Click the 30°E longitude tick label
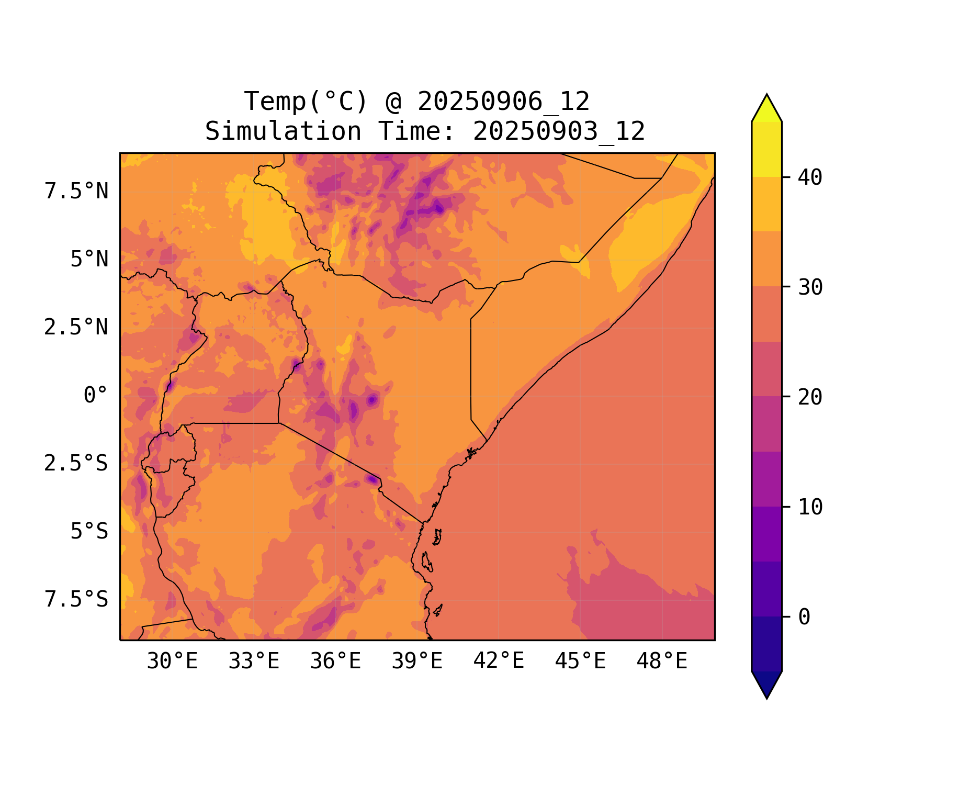[172, 661]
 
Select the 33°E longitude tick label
[254, 661]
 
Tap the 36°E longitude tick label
[335, 661]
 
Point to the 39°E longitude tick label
[417, 661]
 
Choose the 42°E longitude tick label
[499, 661]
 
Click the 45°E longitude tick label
[580, 661]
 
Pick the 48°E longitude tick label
[662, 661]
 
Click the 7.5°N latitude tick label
[76, 192]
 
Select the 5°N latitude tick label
[89, 260]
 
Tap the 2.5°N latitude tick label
[76, 328]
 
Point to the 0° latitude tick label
[96, 396]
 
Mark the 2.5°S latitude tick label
[76, 464]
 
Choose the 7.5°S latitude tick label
[76, 600]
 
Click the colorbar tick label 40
[810, 177]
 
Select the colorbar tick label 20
[810, 397]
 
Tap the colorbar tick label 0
[804, 617]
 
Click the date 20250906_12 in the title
[503, 102]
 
